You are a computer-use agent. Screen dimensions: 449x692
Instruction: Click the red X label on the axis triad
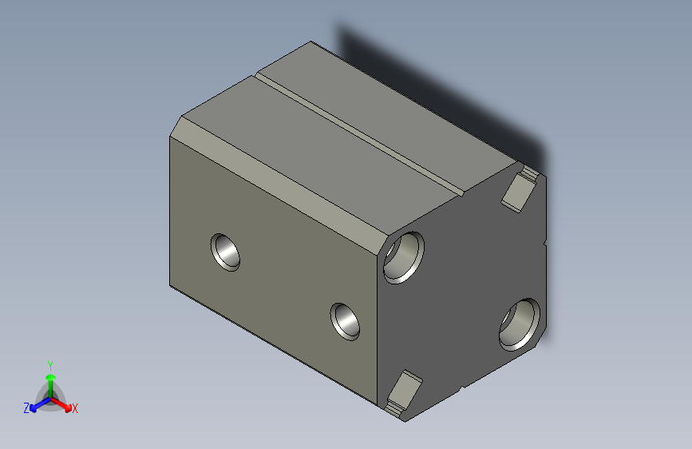[x=74, y=409]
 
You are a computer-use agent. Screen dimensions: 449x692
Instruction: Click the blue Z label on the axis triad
[x=26, y=408]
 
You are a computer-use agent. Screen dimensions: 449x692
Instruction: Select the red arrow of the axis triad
[x=63, y=403]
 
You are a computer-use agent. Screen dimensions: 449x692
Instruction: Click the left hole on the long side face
[x=226, y=252]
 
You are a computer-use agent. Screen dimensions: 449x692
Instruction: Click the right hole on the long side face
[x=346, y=320]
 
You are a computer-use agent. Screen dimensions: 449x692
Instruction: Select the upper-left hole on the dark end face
[x=402, y=256]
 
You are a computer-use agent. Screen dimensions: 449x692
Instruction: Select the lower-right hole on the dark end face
[x=520, y=324]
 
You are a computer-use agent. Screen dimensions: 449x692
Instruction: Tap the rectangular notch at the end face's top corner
[x=520, y=187]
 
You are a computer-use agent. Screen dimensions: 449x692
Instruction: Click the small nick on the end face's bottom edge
[x=461, y=390]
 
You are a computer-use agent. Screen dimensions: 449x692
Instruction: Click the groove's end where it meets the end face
[x=462, y=192]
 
